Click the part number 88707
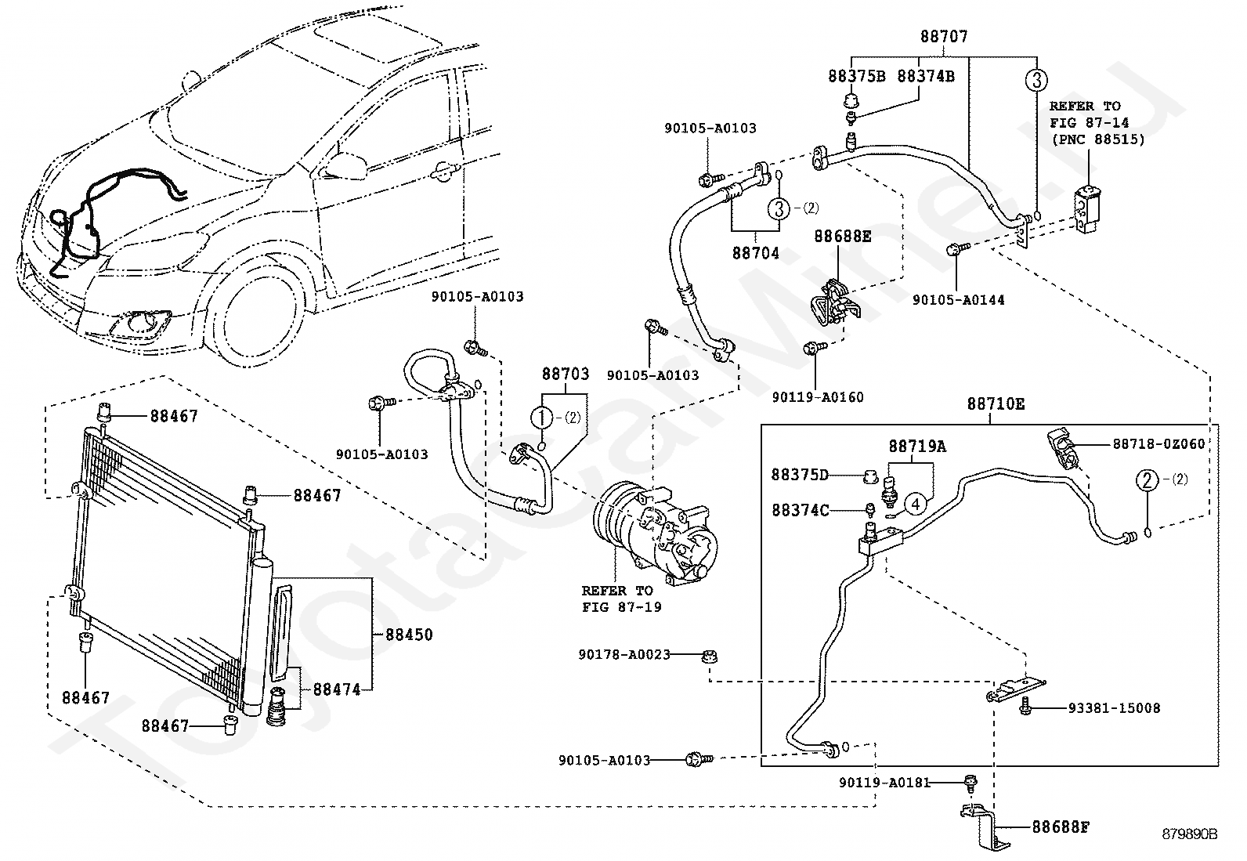click(x=944, y=36)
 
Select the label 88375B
click(x=857, y=76)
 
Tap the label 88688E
click(x=842, y=236)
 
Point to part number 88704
click(x=755, y=253)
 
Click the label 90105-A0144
click(x=959, y=300)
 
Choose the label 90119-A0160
click(x=818, y=397)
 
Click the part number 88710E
click(x=996, y=403)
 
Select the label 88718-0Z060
click(x=1159, y=443)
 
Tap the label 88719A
click(x=917, y=446)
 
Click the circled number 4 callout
click(x=915, y=504)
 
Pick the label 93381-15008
click(x=1114, y=708)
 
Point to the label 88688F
click(x=1061, y=827)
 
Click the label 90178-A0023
click(x=624, y=654)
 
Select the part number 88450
click(x=409, y=635)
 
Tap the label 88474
click(x=337, y=689)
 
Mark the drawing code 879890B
click(x=1189, y=834)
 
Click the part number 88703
click(x=566, y=373)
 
